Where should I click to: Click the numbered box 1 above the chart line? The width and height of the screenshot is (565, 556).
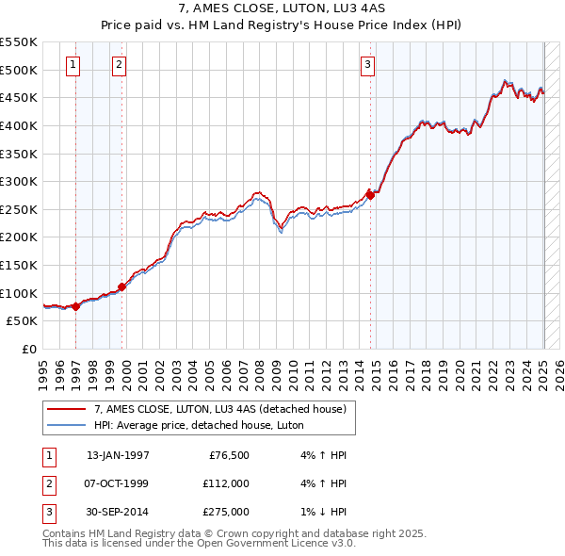point(73,65)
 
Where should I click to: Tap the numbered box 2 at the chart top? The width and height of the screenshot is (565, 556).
point(119,65)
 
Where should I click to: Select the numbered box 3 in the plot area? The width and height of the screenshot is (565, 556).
point(367,65)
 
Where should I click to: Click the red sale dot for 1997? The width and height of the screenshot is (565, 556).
point(75,306)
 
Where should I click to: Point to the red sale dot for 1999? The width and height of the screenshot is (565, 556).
point(121,286)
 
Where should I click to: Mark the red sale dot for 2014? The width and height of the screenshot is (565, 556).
point(371,195)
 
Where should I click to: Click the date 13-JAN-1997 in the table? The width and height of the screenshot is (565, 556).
point(118,455)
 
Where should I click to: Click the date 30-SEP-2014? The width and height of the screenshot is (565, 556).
point(118,512)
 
